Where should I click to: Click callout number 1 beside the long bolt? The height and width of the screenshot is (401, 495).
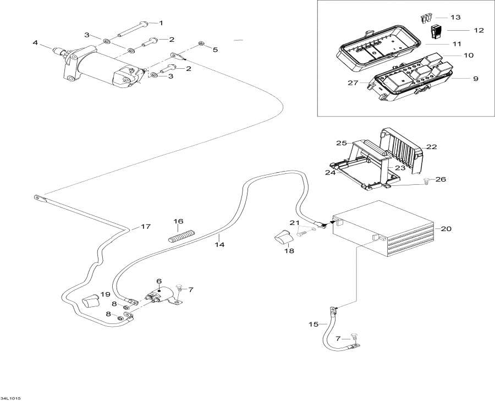(161, 23)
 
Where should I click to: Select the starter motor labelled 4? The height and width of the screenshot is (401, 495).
(99, 69)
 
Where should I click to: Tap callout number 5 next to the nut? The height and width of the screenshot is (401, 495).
(215, 50)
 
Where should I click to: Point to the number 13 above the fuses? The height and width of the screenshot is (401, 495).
(456, 18)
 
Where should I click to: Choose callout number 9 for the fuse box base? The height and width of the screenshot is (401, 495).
(476, 79)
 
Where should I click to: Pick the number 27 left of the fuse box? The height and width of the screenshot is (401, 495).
(353, 83)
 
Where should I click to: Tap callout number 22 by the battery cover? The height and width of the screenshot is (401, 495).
(431, 147)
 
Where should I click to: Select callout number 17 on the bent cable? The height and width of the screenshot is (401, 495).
(145, 227)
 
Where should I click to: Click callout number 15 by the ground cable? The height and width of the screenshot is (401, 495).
(313, 325)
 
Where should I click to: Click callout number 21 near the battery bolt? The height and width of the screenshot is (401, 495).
(295, 222)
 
